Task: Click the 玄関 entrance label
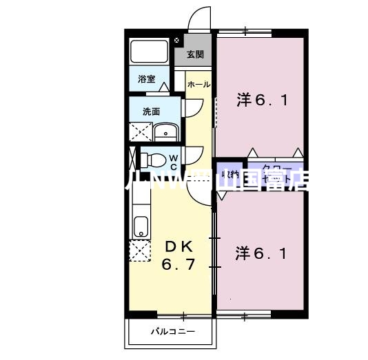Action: tap(195, 54)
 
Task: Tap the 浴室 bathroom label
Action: tap(147, 79)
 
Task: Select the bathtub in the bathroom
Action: tap(149, 52)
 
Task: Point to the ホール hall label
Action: tap(198, 84)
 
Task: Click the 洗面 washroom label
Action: tap(152, 111)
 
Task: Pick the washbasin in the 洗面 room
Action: tap(165, 133)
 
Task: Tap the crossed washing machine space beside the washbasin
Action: tap(141, 132)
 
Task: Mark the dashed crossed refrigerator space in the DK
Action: tap(140, 251)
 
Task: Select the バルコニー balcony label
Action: tap(173, 332)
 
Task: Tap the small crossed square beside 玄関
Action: tap(177, 41)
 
